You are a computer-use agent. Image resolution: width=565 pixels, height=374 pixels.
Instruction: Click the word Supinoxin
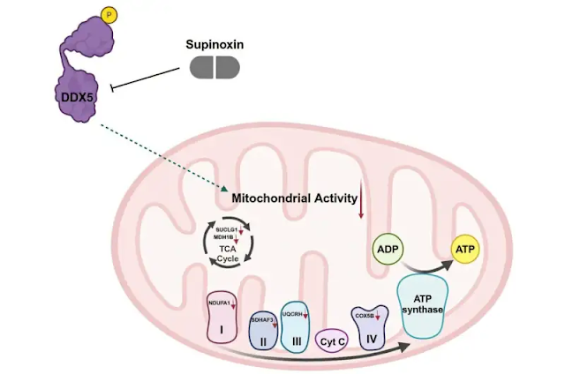pos(215,44)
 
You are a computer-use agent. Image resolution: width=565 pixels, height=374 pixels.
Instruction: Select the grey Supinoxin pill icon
pos(215,67)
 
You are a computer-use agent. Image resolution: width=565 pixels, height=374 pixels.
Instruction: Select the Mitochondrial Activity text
pos(294,199)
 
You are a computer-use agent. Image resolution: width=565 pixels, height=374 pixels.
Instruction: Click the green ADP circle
pos(388,250)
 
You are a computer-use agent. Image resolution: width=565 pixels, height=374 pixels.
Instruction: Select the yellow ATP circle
pos(465,251)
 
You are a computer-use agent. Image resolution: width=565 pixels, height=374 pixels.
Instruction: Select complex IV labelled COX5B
pos(368,327)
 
